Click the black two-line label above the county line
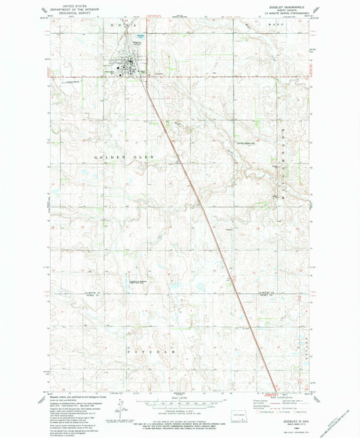138,281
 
